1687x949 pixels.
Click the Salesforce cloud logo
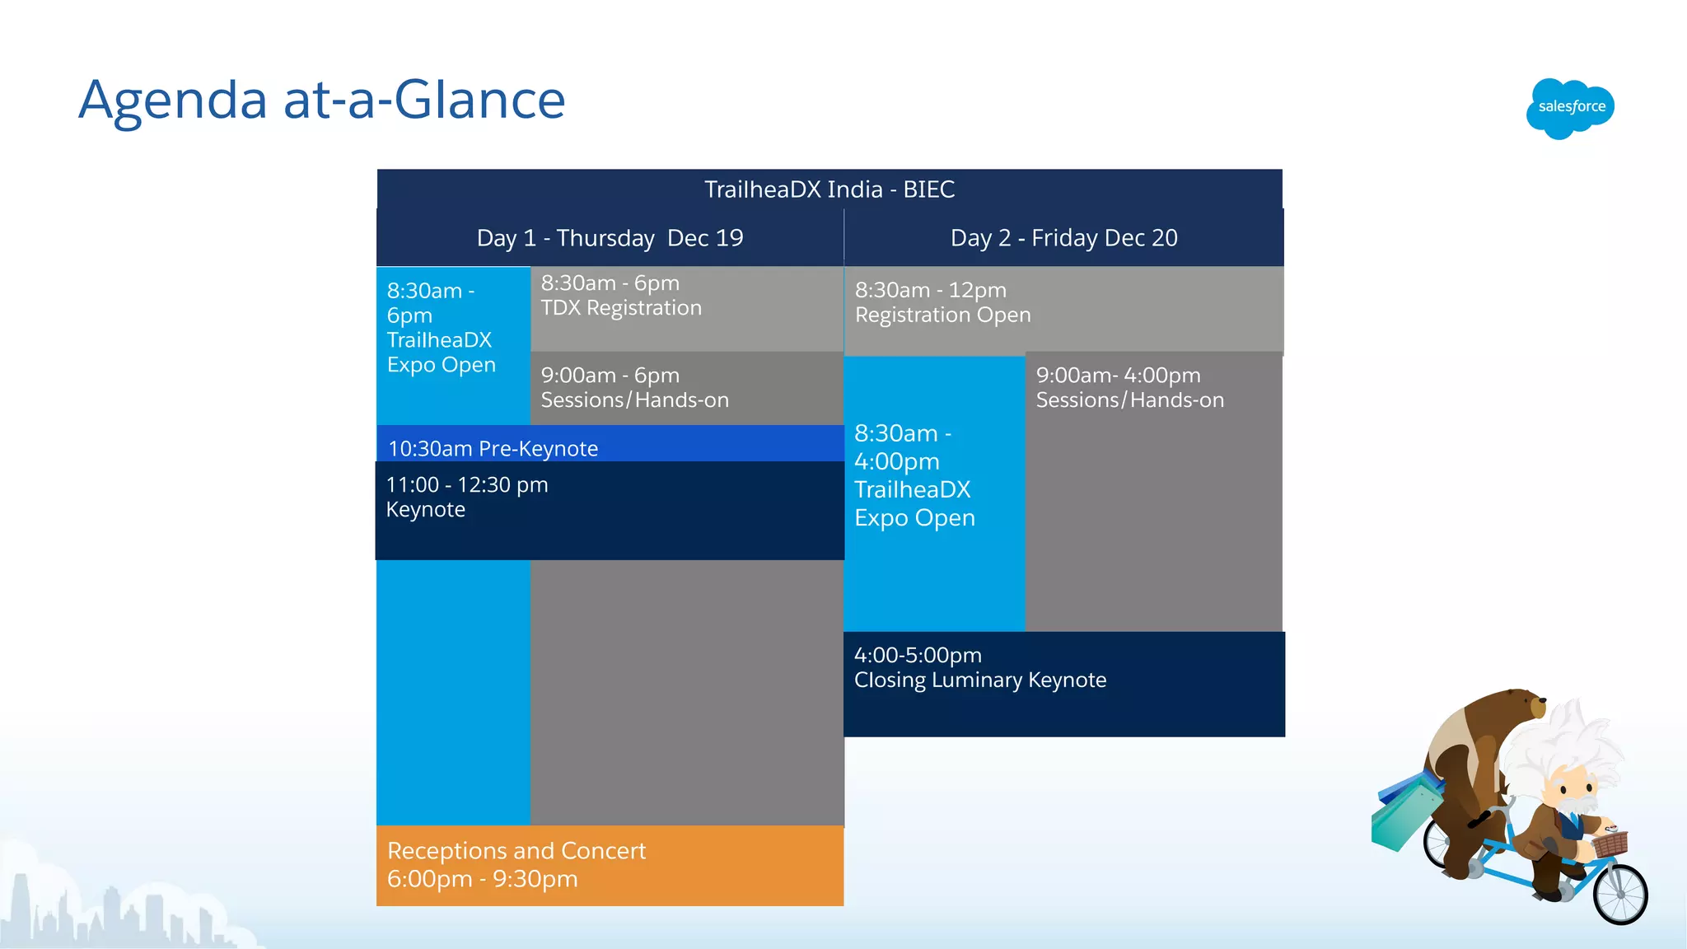[x=1570, y=108]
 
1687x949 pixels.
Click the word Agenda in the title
[x=173, y=101]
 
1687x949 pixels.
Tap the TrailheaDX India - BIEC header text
[x=829, y=189]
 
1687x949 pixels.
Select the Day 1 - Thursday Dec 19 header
[x=610, y=238]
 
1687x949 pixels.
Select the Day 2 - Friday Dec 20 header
[x=1063, y=238]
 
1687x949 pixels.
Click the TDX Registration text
[x=621, y=308]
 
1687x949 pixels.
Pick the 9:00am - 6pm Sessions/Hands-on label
[x=634, y=388]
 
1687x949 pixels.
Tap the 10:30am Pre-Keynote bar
[x=493, y=448]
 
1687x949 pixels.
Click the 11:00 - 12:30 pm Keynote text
[x=466, y=497]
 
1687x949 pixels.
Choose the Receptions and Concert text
[x=516, y=850]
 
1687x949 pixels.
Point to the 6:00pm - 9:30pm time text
[x=482, y=879]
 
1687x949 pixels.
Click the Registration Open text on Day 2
[x=942, y=315]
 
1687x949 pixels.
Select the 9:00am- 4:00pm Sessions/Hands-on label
[x=1129, y=388]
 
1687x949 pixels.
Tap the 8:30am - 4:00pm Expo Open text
[x=914, y=476]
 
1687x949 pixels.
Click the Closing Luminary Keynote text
[x=979, y=680]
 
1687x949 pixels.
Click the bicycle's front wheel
[x=1619, y=895]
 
